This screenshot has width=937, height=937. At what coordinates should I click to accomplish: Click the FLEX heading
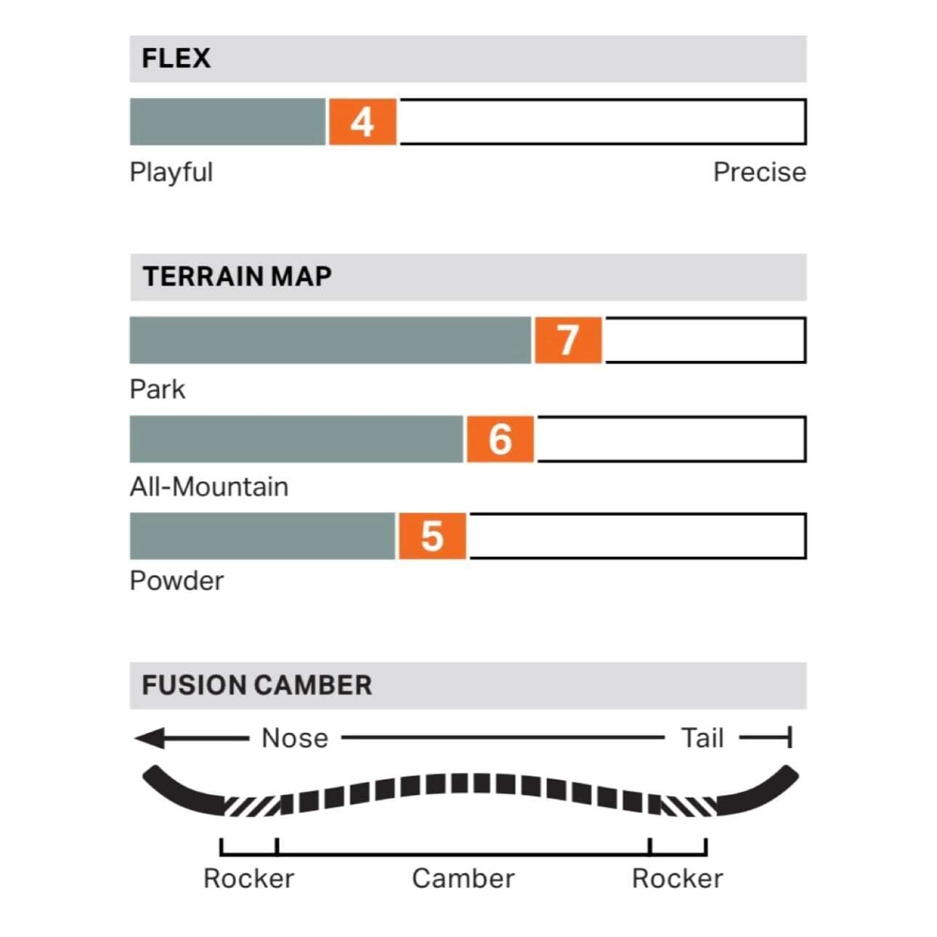pyautogui.click(x=176, y=58)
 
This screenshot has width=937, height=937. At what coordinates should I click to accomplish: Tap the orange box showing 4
pyautogui.click(x=362, y=122)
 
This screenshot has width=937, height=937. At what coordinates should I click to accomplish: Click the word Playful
pyautogui.click(x=171, y=172)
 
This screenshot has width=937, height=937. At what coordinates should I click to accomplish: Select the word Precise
pyautogui.click(x=759, y=172)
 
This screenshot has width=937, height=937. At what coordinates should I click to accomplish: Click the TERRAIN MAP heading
pyautogui.click(x=237, y=277)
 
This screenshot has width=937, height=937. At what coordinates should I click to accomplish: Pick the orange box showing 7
pyautogui.click(x=567, y=340)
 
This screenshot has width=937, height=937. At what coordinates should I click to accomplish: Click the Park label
pyautogui.click(x=157, y=389)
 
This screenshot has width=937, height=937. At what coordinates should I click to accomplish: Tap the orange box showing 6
pyautogui.click(x=500, y=439)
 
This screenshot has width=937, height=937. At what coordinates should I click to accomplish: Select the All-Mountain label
pyautogui.click(x=208, y=487)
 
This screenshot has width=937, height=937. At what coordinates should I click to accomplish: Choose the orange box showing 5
pyautogui.click(x=431, y=537)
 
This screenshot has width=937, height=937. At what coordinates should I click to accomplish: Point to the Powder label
pyautogui.click(x=176, y=581)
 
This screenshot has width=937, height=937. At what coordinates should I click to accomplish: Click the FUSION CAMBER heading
pyautogui.click(x=256, y=685)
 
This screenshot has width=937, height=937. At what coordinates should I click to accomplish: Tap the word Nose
pyautogui.click(x=294, y=738)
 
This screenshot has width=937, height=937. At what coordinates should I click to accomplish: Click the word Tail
pyautogui.click(x=702, y=738)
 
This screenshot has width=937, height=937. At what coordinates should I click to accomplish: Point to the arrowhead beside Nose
pyautogui.click(x=150, y=739)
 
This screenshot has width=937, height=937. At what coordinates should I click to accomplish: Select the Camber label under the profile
pyautogui.click(x=463, y=878)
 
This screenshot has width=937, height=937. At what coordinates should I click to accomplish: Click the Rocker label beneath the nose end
pyautogui.click(x=248, y=878)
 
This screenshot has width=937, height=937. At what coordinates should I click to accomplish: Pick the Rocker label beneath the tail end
pyautogui.click(x=677, y=878)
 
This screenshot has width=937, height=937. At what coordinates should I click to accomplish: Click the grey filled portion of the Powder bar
pyautogui.click(x=262, y=537)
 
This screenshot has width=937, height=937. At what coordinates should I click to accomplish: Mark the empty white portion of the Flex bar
pyautogui.click(x=601, y=122)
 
